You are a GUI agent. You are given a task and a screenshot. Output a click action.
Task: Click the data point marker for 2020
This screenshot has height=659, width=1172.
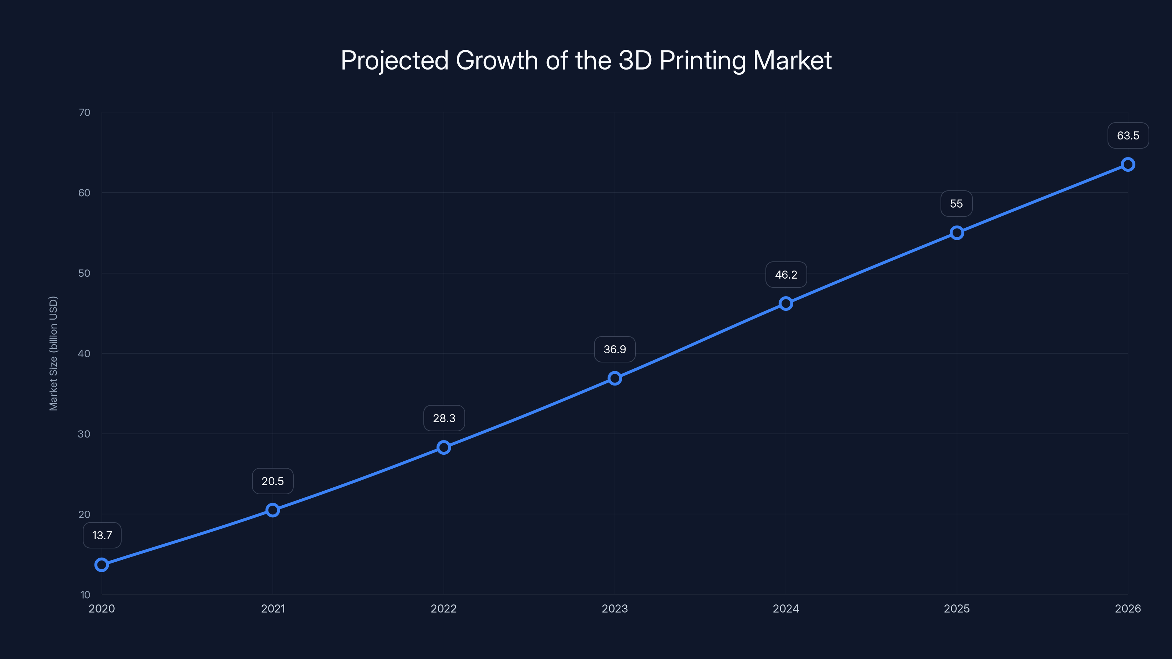101,565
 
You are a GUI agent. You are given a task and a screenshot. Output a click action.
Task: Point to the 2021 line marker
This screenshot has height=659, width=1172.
272,510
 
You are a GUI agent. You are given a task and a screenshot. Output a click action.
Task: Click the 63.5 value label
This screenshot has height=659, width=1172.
1128,135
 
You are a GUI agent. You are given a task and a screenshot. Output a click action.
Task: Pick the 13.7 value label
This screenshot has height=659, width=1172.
102,535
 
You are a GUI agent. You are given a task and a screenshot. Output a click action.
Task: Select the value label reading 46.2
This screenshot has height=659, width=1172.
786,275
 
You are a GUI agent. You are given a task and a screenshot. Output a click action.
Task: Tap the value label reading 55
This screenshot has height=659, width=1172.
956,204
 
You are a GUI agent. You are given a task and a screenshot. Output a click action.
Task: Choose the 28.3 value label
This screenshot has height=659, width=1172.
444,418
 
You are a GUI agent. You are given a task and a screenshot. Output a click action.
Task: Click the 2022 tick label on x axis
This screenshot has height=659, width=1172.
444,608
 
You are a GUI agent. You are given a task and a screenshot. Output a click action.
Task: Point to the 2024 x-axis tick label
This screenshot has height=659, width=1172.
786,608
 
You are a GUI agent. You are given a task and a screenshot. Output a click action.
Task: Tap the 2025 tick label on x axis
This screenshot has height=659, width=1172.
956,608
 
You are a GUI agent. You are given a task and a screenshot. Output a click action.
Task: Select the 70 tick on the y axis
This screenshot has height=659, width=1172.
84,112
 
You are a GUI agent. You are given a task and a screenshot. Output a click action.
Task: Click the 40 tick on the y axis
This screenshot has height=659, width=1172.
84,353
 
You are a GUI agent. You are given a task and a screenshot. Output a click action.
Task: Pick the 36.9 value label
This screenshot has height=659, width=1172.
615,349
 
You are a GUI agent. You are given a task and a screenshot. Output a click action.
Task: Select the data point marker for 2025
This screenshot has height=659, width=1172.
957,233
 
